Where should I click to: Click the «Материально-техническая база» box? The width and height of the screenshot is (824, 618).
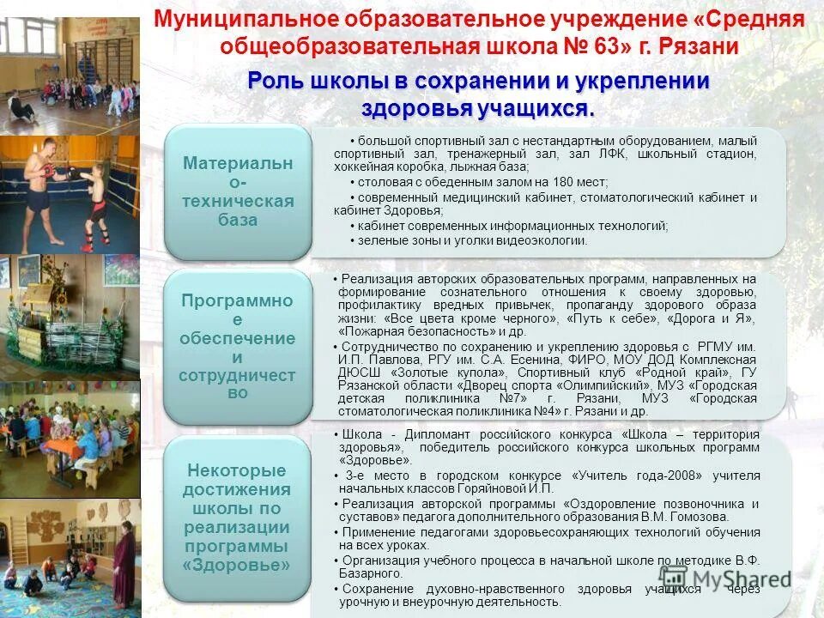(238, 191)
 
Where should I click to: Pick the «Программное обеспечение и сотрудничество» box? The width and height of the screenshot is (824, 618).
(238, 346)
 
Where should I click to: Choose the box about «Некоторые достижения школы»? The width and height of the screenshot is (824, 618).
(238, 518)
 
